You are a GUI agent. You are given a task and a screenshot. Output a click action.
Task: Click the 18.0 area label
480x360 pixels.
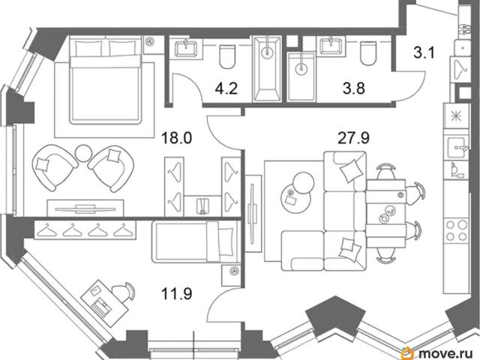coord(177,137)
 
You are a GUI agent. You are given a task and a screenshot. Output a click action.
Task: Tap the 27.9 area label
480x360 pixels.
coord(353,137)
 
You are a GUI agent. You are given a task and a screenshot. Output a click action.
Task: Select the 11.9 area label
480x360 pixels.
coord(177,293)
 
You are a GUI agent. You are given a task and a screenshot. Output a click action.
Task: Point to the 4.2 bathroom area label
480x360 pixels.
coord(226,88)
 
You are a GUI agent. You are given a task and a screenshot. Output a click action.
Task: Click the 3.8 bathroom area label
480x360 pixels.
coord(353,88)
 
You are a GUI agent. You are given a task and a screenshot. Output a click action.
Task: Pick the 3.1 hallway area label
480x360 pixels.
coord(424,52)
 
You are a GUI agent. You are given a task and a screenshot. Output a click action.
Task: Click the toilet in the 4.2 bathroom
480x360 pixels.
coord(227,56)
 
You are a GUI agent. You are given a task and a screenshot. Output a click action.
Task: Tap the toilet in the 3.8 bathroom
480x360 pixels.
coord(368,53)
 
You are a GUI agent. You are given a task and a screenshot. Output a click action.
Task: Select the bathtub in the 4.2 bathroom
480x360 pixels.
coord(267,68)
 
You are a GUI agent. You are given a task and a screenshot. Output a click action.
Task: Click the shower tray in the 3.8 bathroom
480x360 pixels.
coord(301,76)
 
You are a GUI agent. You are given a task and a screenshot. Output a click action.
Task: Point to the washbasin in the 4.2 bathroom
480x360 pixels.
coord(186,48)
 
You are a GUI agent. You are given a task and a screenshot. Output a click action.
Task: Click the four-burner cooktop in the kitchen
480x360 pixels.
coord(457,230)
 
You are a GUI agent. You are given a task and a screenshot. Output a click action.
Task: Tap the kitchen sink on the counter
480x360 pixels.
coord(457,147)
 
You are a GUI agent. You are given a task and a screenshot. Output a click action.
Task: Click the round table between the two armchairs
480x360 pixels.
coord(83,153)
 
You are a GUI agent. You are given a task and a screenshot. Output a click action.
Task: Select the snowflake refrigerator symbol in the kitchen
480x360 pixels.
coord(456,116)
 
